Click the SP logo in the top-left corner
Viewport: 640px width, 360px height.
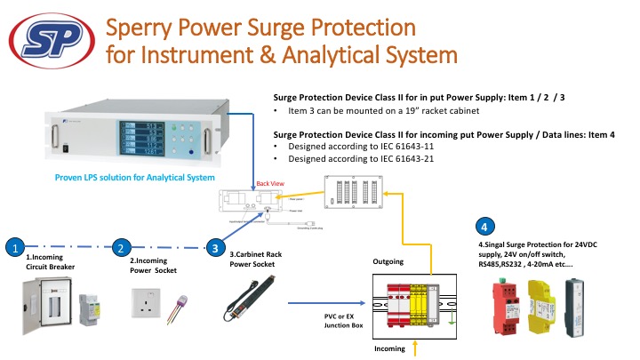coord(52,40)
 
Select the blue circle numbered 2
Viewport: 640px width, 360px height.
coord(123,248)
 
